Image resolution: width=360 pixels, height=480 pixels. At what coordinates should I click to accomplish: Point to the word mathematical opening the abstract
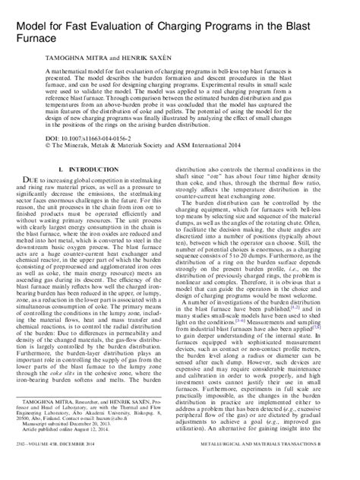point(84,68)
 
